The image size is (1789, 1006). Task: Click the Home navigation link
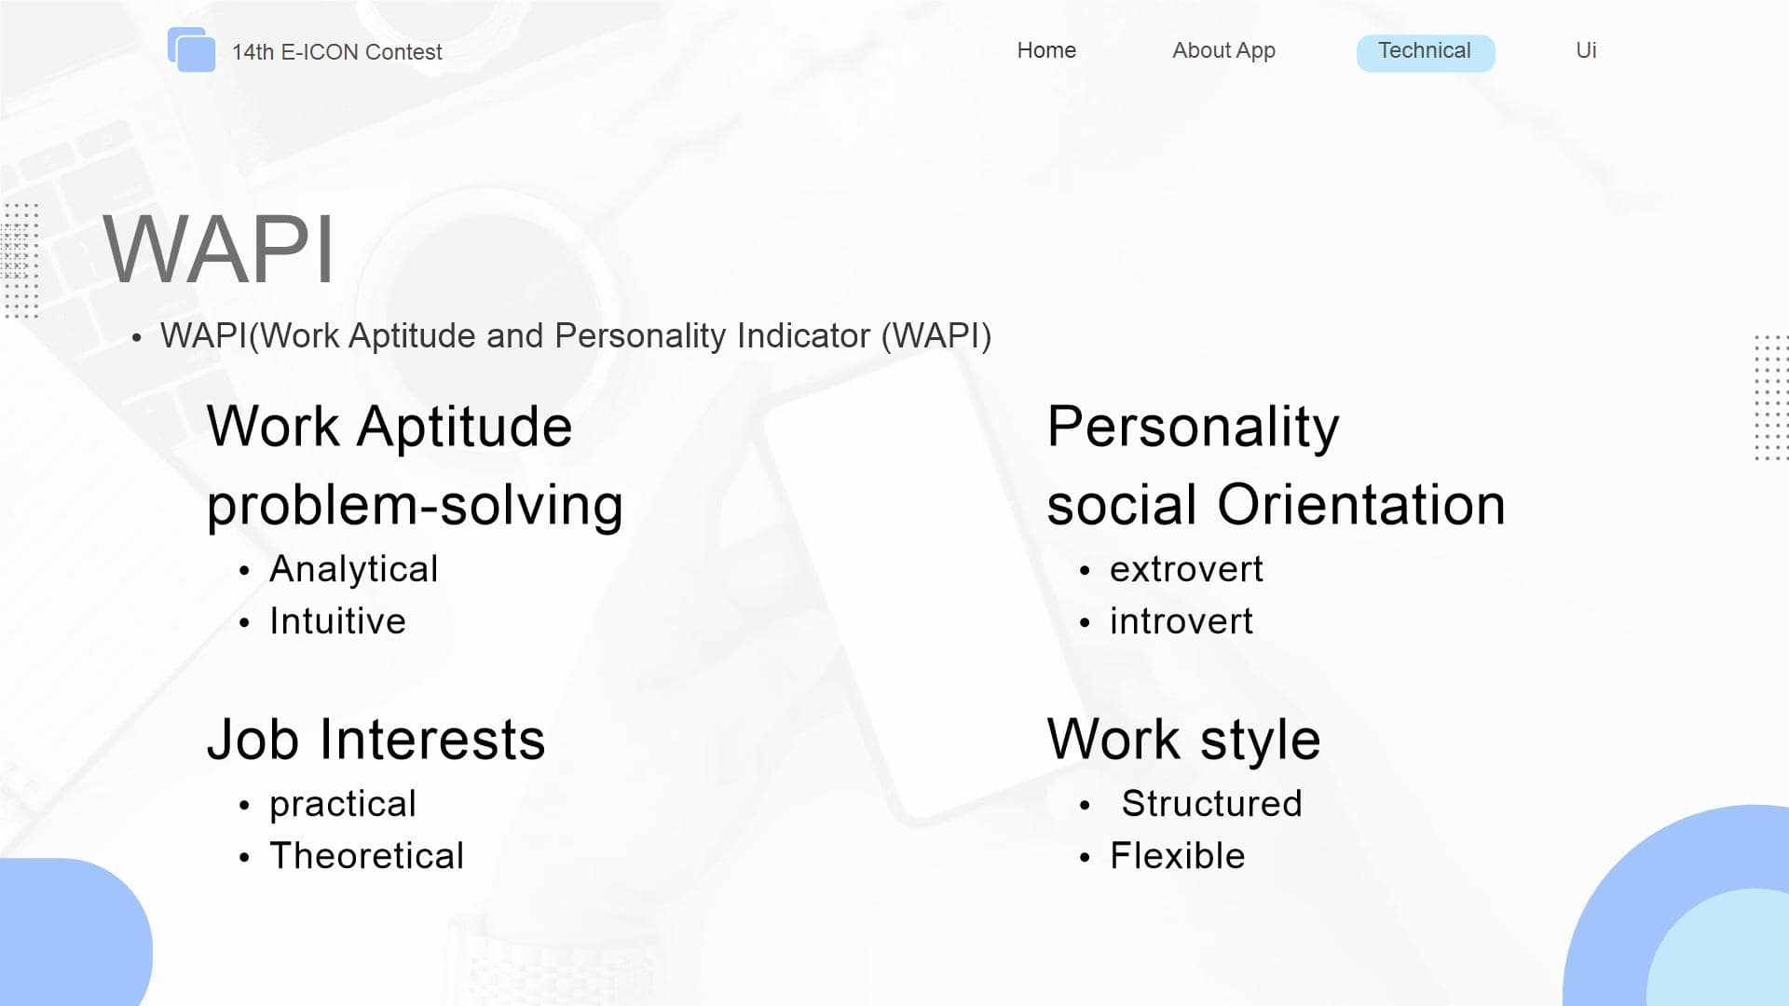(x=1046, y=50)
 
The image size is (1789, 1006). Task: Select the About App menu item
(x=1223, y=51)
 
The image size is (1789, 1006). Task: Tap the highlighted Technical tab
(x=1425, y=52)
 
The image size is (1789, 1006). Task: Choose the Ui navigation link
(x=1586, y=50)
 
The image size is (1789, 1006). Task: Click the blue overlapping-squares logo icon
(x=191, y=49)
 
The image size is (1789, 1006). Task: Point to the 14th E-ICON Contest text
(x=336, y=52)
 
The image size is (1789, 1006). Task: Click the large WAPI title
(x=218, y=249)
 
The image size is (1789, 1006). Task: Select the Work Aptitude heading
(x=389, y=427)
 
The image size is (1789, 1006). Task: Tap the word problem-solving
(x=415, y=506)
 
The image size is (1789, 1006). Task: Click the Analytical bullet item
(x=353, y=569)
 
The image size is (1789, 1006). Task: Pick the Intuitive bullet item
(x=337, y=621)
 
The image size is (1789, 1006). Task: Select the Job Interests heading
(x=376, y=740)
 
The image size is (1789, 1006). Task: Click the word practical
(x=343, y=805)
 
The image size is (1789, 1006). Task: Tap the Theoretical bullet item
(x=366, y=856)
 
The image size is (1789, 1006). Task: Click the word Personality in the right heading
(x=1193, y=428)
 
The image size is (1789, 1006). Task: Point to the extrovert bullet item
(x=1186, y=569)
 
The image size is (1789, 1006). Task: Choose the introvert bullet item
(x=1181, y=621)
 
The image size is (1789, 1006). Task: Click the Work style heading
(x=1183, y=741)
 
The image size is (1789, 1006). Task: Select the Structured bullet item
(x=1211, y=804)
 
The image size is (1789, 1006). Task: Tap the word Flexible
(x=1177, y=856)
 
